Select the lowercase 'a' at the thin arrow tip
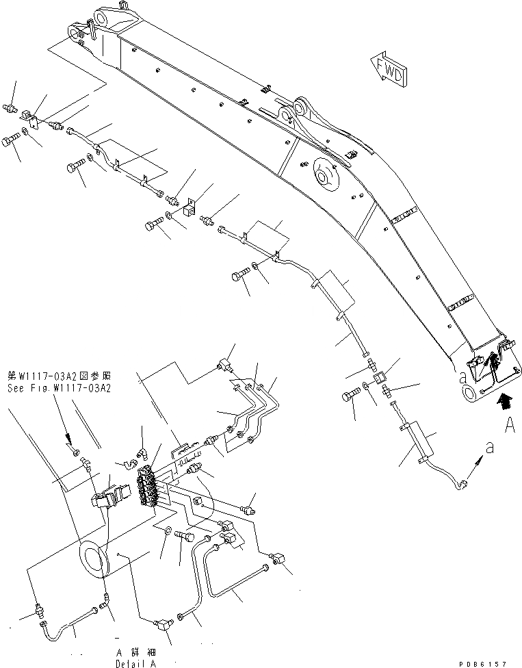[x=488, y=446]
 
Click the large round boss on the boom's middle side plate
[x=326, y=174]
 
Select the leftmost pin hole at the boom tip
[x=73, y=31]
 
